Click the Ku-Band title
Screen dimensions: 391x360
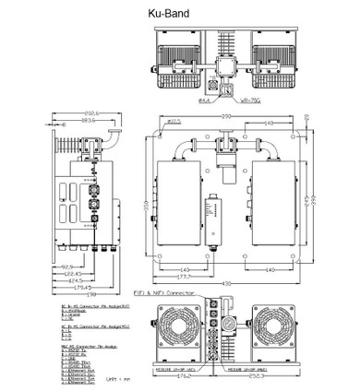pos(181,16)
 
